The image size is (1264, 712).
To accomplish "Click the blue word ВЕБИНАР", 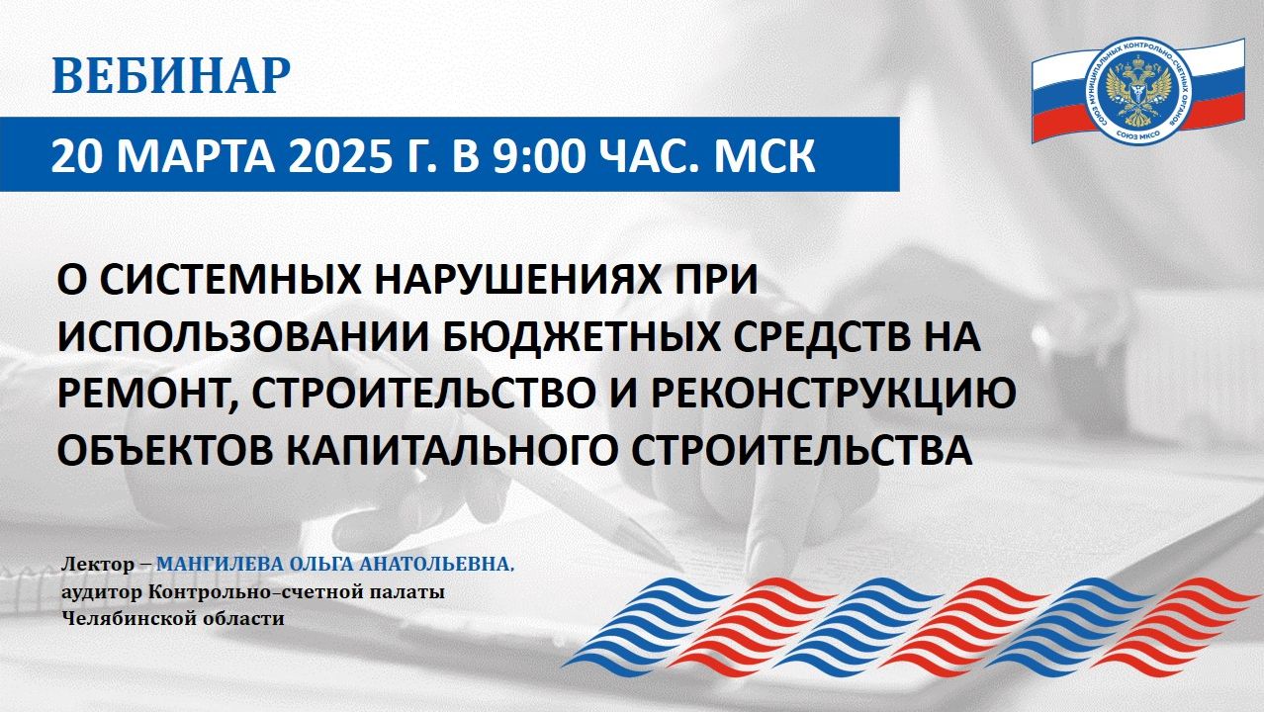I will pos(171,77).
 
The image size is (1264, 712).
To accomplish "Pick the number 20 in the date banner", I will pos(75,158).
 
